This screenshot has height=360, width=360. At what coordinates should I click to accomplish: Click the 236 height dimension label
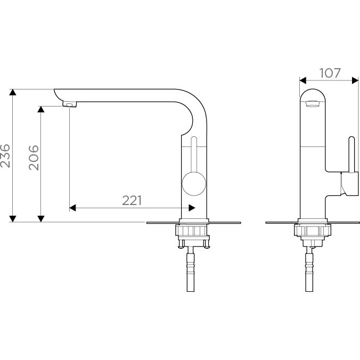[x=5, y=156]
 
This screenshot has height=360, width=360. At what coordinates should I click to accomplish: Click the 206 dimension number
[x=34, y=158]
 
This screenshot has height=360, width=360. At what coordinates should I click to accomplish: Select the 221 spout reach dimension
[x=132, y=200]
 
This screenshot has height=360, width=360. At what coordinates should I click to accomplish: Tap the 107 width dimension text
[x=330, y=73]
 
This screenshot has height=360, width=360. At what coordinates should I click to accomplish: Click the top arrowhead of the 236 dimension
[x=13, y=92]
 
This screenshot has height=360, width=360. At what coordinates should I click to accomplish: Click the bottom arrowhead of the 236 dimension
[x=13, y=219]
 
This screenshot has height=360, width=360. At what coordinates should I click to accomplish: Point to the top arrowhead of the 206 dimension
[x=41, y=109]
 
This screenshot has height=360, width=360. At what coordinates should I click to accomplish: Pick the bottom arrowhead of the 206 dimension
[x=41, y=219]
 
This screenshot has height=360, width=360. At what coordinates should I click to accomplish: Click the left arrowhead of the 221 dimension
[x=72, y=208]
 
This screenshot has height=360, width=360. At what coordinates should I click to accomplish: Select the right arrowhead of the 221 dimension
[x=192, y=208]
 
